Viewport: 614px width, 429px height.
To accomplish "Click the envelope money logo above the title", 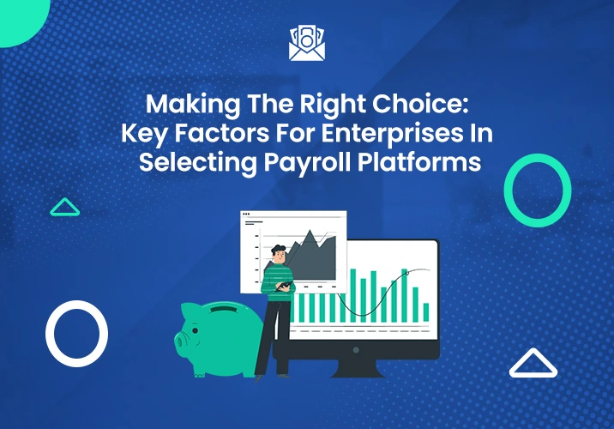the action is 307,43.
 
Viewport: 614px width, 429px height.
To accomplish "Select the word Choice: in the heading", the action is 420,104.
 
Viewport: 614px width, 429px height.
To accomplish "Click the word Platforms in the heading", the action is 419,162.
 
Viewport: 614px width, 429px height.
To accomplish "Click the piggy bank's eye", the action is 195,330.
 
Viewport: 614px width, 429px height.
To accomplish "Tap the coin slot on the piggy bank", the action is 224,309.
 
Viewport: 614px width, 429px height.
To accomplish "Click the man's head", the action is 279,254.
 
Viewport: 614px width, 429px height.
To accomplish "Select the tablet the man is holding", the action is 284,286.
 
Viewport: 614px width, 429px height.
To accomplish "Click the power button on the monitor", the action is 356,350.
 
